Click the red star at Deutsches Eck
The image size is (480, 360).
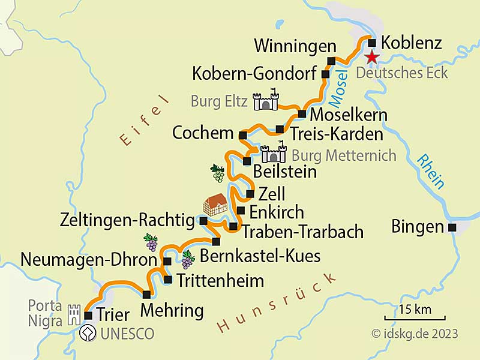tap(373, 57)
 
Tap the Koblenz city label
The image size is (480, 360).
tap(412, 43)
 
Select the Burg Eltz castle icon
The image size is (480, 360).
tap(266, 101)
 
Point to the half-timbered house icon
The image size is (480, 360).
tap(215, 204)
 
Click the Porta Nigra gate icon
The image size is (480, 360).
tap(74, 313)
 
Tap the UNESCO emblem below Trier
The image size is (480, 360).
tap(88, 333)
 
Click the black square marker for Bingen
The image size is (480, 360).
tap(452, 227)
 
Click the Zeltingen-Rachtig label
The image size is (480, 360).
tap(127, 221)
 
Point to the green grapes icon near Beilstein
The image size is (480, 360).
tap(217, 173)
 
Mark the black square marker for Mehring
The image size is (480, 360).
tap(147, 294)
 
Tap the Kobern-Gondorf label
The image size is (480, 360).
tap(254, 74)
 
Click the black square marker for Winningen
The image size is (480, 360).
tap(331, 60)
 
